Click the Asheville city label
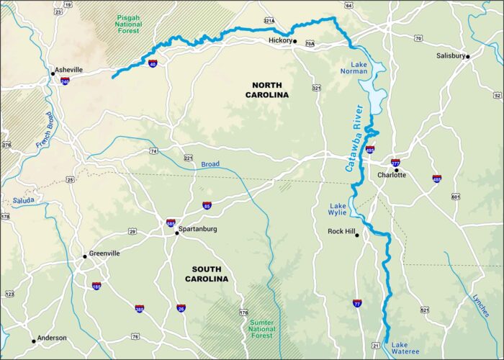(69, 70)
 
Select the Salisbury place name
(451, 55)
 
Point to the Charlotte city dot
(396, 171)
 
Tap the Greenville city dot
(84, 254)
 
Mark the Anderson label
(52, 338)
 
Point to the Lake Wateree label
(404, 348)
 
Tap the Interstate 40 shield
(153, 63)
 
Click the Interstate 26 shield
(181, 308)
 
